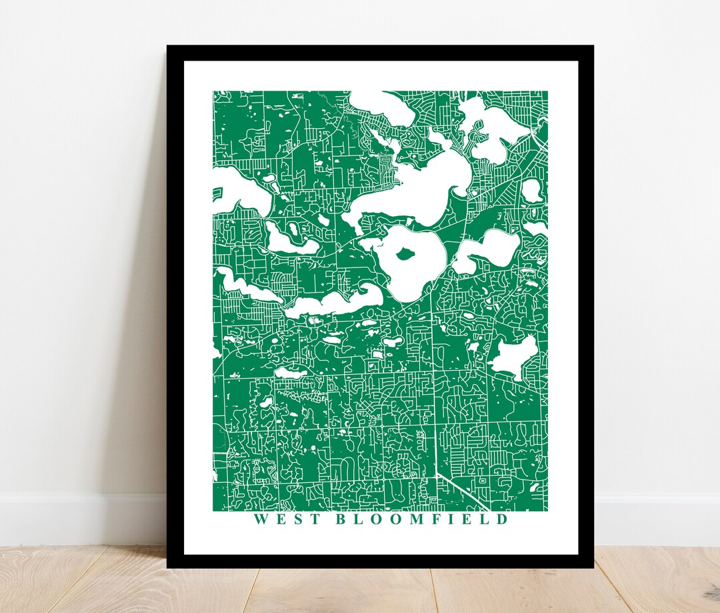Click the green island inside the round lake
pyautogui.click(x=404, y=253)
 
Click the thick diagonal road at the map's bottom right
pyautogui.click(x=460, y=490)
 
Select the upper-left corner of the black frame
pyautogui.click(x=169, y=47)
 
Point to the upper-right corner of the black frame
pyautogui.click(x=591, y=47)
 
